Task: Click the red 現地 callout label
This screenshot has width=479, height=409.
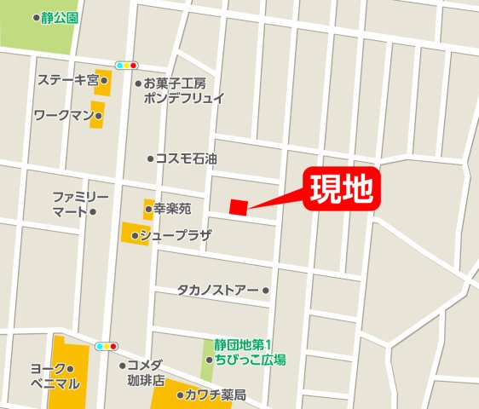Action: point(340,188)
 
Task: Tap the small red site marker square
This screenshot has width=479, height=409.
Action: point(238,207)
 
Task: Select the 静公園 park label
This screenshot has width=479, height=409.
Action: point(60,17)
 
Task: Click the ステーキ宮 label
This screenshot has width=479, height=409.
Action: point(68,80)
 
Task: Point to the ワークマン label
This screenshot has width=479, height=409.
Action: point(62,115)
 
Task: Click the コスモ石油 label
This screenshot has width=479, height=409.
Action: point(186,158)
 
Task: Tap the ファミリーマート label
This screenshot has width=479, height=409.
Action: point(74,204)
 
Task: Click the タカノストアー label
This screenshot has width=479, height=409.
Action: point(217,291)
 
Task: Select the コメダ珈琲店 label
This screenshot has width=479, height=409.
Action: point(143,373)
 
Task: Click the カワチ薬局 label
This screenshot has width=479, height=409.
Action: point(216,395)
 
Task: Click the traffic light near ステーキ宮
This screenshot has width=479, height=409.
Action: point(126,66)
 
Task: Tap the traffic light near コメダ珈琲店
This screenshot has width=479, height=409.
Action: point(107,347)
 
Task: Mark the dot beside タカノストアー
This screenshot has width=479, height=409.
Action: point(266,291)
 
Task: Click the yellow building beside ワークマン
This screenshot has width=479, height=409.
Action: point(98,115)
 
